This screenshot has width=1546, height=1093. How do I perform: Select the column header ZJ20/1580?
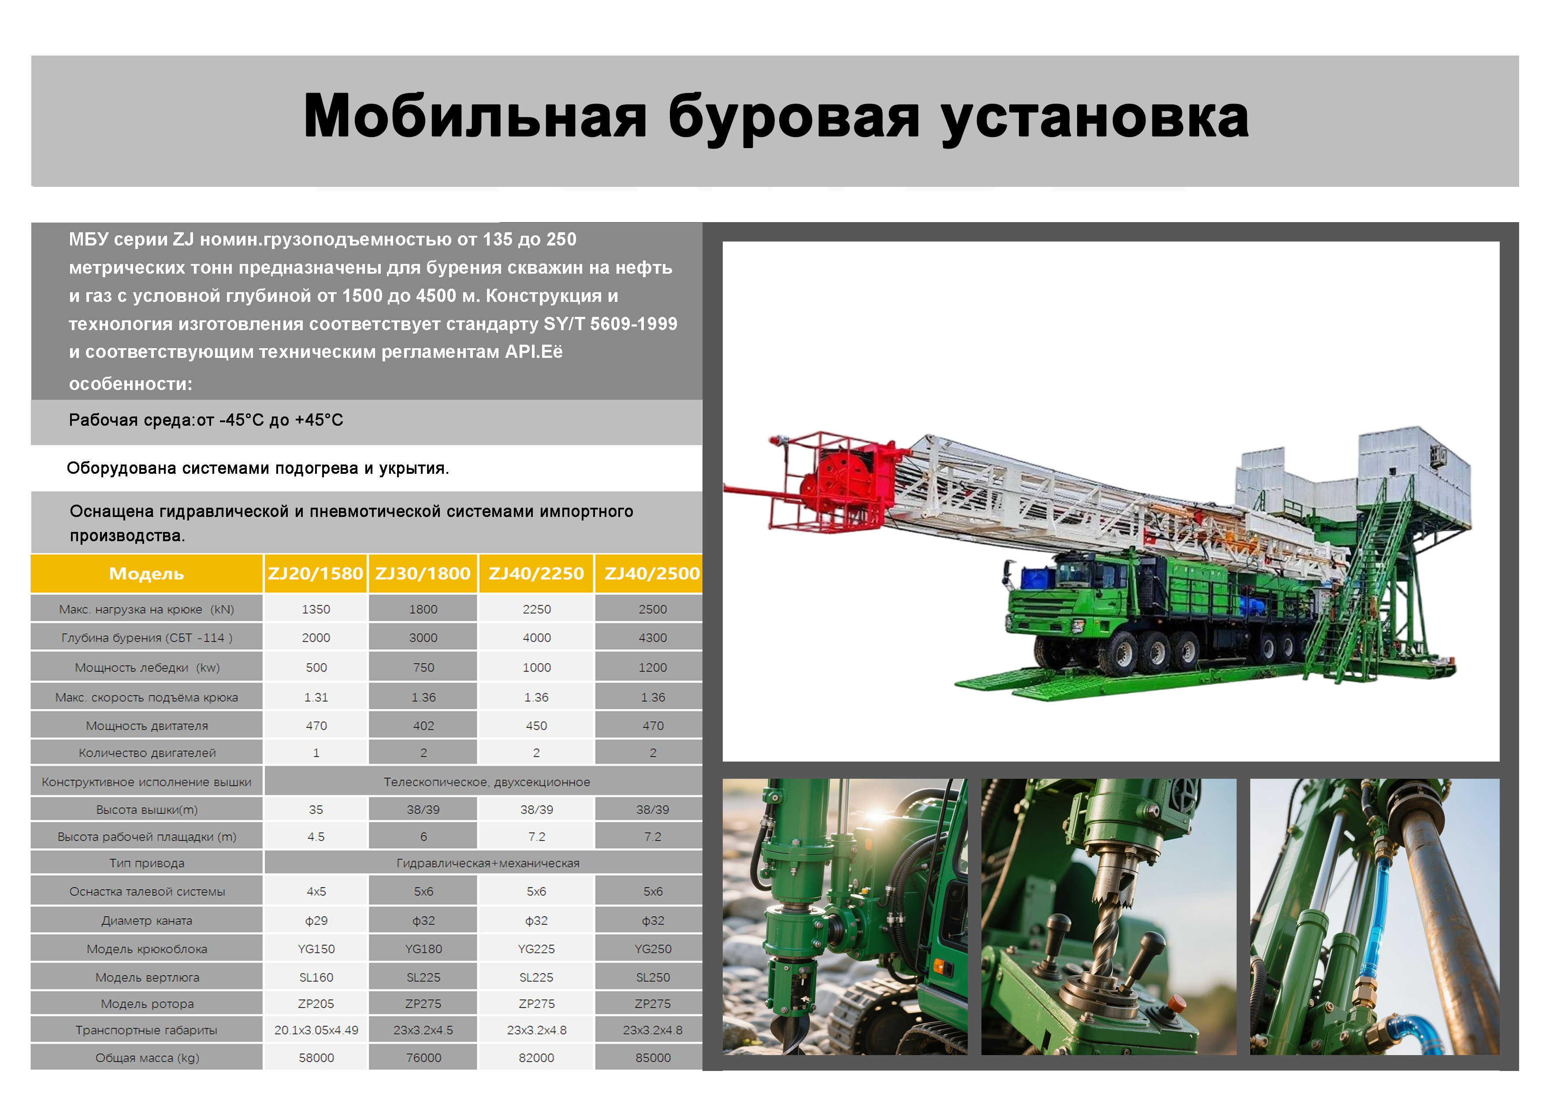click(x=316, y=574)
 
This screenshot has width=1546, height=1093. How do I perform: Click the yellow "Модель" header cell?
click(x=147, y=574)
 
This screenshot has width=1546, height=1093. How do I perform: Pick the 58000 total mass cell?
click(x=316, y=1057)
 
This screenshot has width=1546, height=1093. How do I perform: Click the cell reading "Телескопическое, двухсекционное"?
click(x=487, y=782)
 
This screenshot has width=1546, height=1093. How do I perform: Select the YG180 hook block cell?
click(x=424, y=949)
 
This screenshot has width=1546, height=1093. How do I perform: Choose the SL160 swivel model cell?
click(x=316, y=977)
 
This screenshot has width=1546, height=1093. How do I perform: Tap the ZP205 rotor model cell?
click(x=316, y=1004)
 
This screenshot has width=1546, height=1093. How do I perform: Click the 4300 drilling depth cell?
click(x=653, y=638)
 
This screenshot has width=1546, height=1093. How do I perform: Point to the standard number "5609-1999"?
click(x=634, y=324)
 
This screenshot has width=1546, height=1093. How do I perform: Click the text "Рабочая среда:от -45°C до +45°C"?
click(x=206, y=420)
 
